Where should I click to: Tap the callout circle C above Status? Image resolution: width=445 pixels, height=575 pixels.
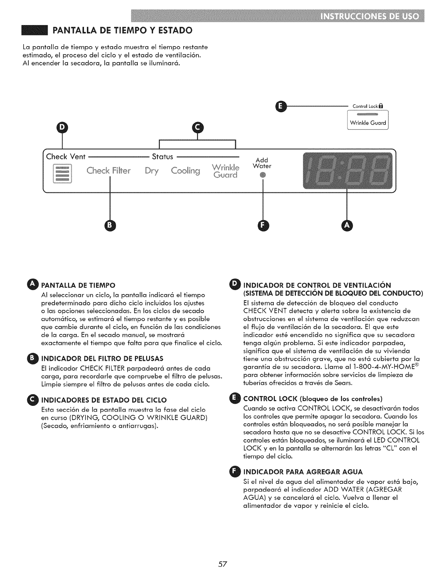click(x=198, y=127)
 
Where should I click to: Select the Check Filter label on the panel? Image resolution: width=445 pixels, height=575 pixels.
click(x=108, y=171)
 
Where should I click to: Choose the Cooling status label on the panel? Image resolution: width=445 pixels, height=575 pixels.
click(x=185, y=171)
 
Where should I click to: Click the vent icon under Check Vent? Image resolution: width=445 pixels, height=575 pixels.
click(x=63, y=174)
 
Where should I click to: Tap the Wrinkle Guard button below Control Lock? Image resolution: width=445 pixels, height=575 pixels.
click(x=368, y=123)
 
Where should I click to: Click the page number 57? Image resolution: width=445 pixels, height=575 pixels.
click(x=222, y=564)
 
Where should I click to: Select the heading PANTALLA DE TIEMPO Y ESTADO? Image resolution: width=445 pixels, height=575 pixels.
click(x=122, y=30)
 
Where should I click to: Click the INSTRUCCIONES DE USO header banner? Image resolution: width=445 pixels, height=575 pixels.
click(x=369, y=17)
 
